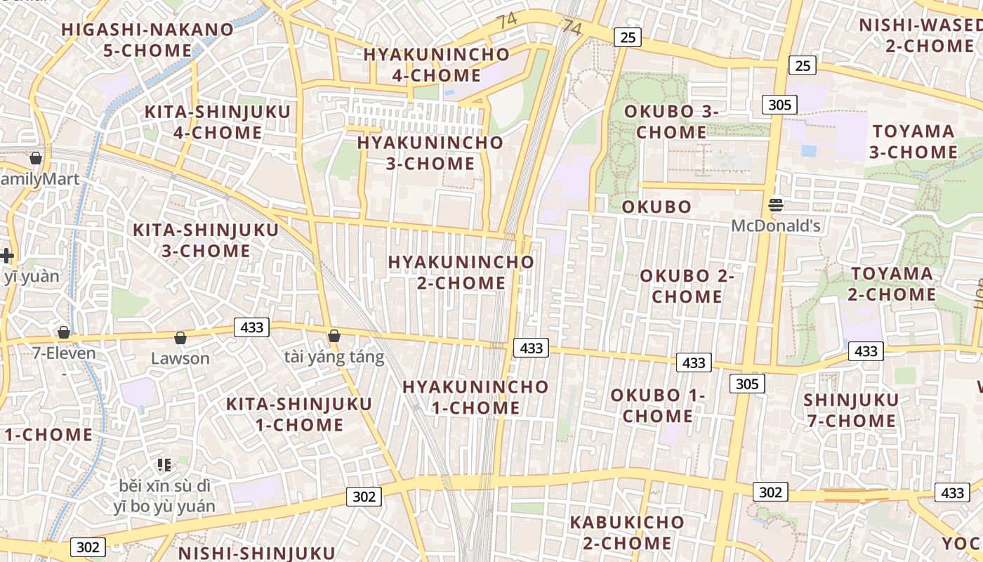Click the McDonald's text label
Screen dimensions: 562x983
point(776,226)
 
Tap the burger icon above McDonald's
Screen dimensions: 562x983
point(776,205)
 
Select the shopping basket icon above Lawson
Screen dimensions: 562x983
point(180,338)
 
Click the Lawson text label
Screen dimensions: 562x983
point(180,358)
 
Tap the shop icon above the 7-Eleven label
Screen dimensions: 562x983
point(64,332)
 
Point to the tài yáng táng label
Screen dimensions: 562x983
point(334,357)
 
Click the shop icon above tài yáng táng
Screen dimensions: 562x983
point(334,336)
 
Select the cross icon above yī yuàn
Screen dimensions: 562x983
point(7,256)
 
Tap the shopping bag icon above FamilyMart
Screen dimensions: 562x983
point(36,157)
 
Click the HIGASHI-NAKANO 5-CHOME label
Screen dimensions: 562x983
point(147,40)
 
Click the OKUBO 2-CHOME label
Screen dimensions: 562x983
point(687,286)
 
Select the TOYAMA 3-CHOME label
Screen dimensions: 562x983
point(913,142)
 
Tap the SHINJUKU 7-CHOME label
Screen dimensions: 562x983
point(851,410)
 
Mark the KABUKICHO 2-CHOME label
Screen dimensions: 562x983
point(626,532)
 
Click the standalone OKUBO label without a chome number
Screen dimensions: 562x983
point(657,207)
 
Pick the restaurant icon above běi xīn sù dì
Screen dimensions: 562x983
point(164,464)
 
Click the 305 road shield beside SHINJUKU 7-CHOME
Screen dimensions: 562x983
point(747,384)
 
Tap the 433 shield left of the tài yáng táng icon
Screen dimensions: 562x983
point(251,327)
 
